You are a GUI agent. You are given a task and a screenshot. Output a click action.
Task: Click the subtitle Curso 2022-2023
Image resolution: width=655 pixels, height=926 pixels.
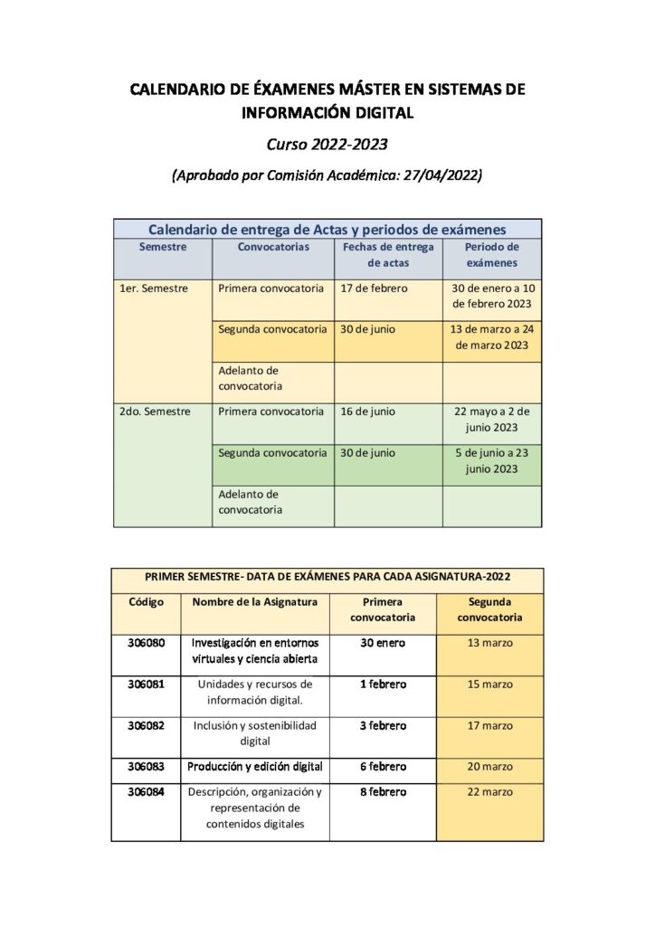[x=327, y=144]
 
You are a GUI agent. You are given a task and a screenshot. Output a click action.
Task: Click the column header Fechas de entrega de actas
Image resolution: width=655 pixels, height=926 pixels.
[x=388, y=254]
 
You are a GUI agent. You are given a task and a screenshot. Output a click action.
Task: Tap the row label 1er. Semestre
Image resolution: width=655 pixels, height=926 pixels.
[x=153, y=288]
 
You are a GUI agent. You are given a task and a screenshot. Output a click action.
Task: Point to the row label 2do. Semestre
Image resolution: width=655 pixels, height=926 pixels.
[x=154, y=411]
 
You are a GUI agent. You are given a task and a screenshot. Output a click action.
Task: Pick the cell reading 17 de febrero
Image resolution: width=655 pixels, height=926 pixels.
[x=374, y=288]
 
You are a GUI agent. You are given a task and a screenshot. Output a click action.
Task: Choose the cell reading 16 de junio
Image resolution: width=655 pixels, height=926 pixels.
[x=367, y=411]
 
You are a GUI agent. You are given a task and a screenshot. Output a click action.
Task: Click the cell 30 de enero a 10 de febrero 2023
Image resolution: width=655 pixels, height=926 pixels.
[x=491, y=296]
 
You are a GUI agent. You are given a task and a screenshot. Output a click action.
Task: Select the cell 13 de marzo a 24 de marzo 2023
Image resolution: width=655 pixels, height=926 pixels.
[x=491, y=336]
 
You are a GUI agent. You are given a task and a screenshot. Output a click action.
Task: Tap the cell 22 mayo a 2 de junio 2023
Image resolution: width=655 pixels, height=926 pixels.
[x=491, y=419]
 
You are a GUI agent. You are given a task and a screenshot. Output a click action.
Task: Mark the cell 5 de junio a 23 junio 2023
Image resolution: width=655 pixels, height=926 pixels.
[x=491, y=460]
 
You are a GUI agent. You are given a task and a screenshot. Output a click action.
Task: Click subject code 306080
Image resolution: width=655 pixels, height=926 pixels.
[x=146, y=643]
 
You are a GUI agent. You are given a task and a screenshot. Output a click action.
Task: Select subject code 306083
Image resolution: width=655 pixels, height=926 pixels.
[x=146, y=767]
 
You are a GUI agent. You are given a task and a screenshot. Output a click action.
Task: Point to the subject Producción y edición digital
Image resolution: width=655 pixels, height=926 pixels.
[x=254, y=767]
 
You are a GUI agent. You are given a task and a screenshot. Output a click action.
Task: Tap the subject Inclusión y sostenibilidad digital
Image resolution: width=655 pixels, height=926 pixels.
[x=254, y=732]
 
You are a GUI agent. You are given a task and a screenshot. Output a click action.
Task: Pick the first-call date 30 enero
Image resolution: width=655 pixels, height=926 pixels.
[x=383, y=643]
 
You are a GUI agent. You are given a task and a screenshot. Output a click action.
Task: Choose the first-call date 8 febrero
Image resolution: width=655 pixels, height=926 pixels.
[x=383, y=792]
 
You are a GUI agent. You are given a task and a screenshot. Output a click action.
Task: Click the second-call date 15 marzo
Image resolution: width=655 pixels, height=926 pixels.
[x=489, y=685]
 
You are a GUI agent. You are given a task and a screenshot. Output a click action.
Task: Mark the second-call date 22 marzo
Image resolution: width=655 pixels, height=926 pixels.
[x=489, y=792]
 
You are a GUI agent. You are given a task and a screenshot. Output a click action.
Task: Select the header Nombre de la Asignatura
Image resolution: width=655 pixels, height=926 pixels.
[x=254, y=602]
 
